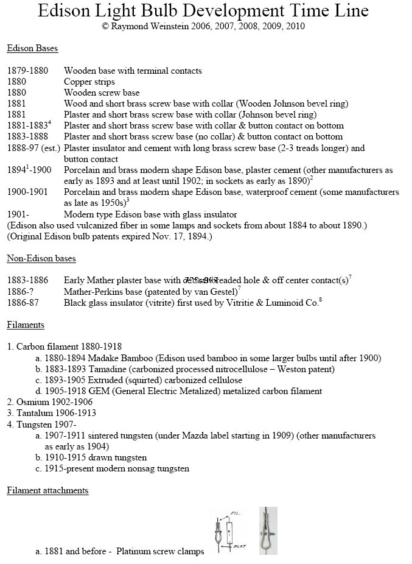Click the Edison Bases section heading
click(33, 48)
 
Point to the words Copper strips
click(89, 82)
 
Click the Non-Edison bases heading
click(41, 258)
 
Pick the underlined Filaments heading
click(26, 325)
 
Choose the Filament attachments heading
click(48, 490)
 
